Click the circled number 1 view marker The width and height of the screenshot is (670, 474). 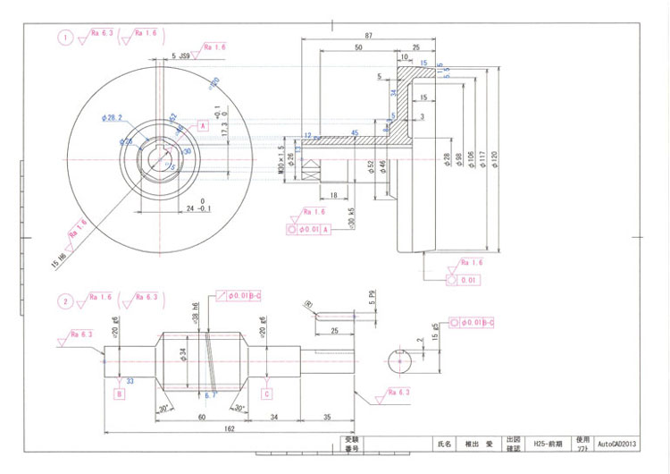coord(65,38)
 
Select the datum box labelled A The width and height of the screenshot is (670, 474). coord(203,127)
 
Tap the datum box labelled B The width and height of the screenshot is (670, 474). coord(119,392)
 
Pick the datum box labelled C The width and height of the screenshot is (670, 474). coord(266,393)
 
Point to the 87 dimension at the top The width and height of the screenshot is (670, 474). coord(369,34)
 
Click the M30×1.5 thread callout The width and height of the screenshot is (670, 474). coord(281,160)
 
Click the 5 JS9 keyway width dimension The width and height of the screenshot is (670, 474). coord(180,55)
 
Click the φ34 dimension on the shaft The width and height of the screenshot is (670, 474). coord(184,355)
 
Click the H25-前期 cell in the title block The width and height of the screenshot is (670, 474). coord(545,443)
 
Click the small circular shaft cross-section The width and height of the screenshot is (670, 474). coord(404,362)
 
